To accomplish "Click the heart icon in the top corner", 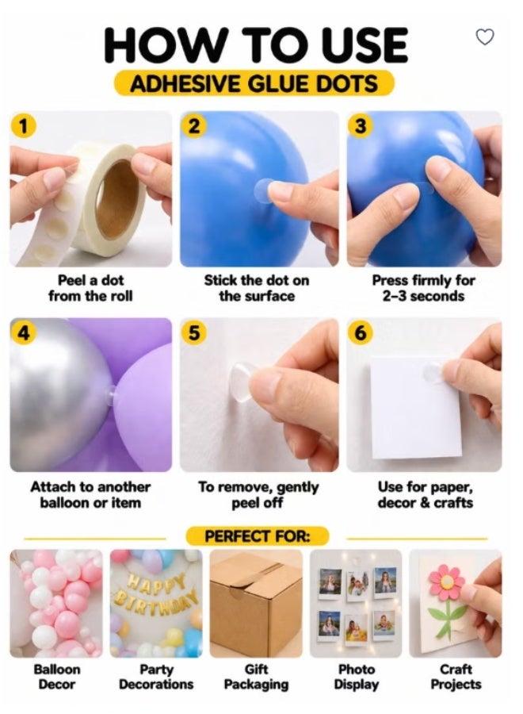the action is (x=484, y=36).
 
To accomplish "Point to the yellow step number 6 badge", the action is (x=360, y=333).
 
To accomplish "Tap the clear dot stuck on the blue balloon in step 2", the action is (x=263, y=190).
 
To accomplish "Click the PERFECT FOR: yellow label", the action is (x=257, y=536).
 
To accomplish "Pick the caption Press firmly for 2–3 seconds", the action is (x=423, y=288).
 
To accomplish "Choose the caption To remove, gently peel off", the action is (x=258, y=495).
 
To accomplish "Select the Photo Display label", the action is (x=357, y=677).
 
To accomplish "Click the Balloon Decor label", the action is (x=57, y=677).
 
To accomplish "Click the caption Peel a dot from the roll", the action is (x=90, y=288).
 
